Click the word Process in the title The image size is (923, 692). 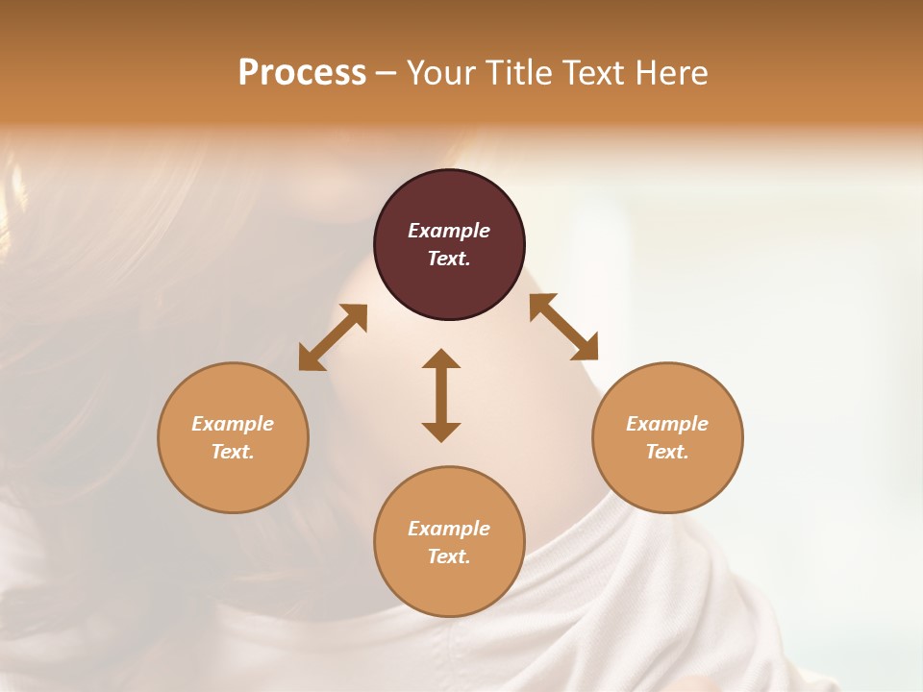[x=302, y=73]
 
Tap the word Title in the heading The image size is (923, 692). [x=517, y=73]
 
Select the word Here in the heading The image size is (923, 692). [x=672, y=73]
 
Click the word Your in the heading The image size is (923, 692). [x=443, y=73]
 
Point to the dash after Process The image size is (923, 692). [x=386, y=74]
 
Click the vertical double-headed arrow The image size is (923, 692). [x=441, y=395]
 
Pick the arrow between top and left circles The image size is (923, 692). [x=333, y=337]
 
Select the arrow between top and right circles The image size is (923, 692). [x=563, y=327]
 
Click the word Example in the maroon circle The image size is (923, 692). [x=449, y=231]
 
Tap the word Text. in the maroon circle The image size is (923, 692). [x=449, y=259]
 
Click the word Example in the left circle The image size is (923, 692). [x=233, y=424]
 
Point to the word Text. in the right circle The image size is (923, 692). [x=667, y=452]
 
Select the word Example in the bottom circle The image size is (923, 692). [x=449, y=529]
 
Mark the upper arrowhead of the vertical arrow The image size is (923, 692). [x=441, y=359]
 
